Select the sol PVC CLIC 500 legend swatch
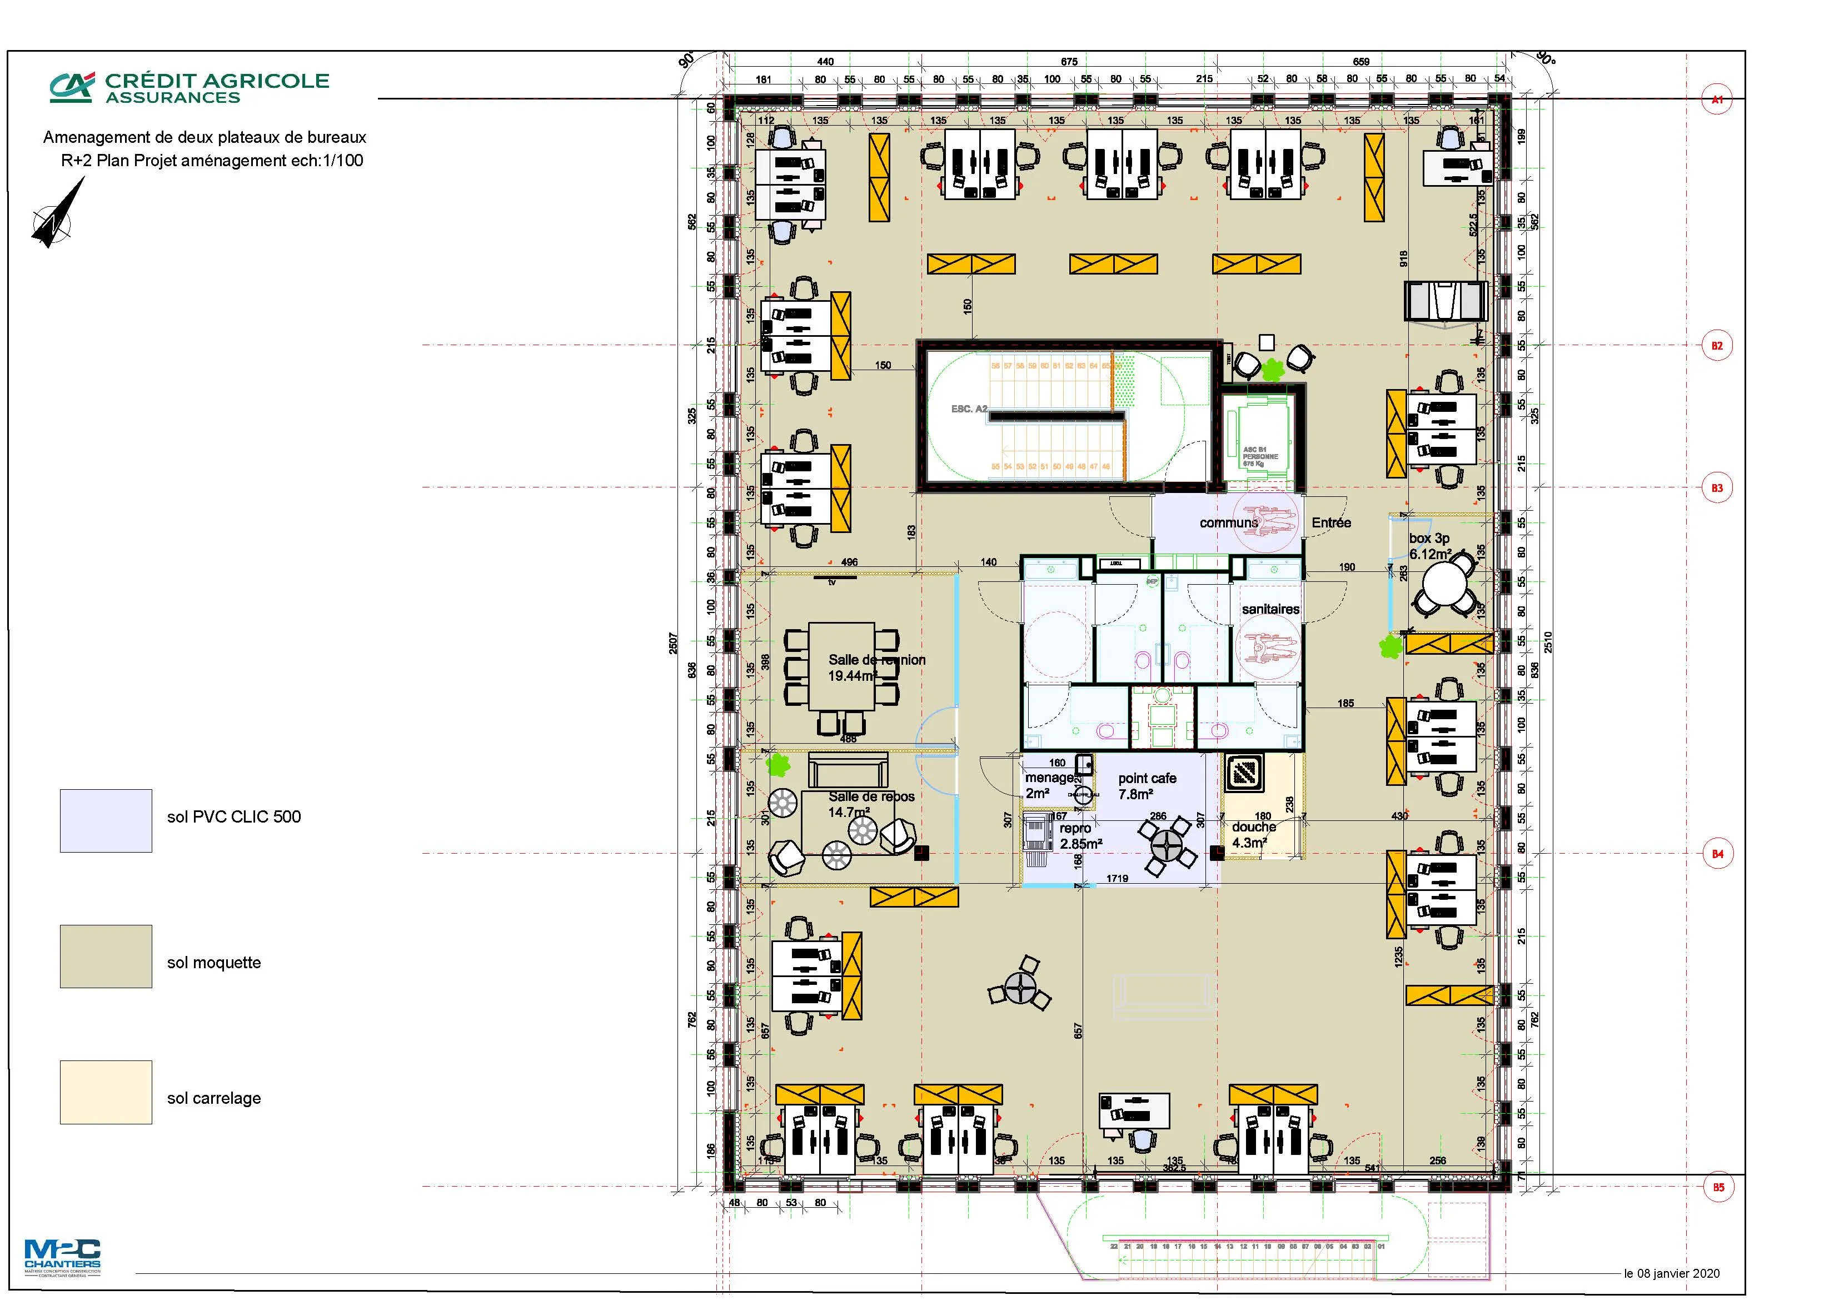point(106,820)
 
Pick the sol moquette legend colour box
point(106,957)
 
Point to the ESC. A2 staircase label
point(969,409)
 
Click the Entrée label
point(1331,523)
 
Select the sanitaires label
point(1270,610)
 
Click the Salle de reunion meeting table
point(841,666)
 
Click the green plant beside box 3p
point(1391,646)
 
